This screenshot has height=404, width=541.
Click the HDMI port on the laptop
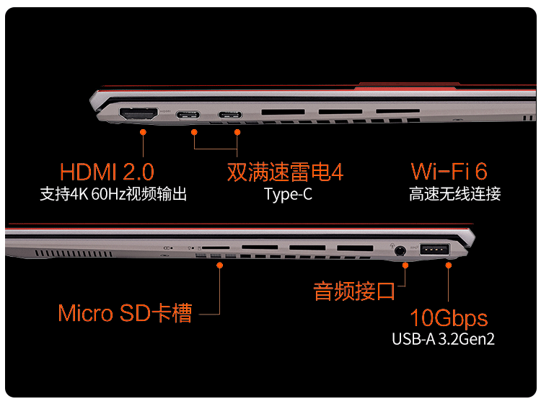point(139,115)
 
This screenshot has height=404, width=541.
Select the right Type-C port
point(232,115)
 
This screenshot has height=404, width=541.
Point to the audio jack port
point(400,251)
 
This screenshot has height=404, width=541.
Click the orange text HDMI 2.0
point(107,172)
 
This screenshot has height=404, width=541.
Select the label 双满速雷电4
point(285,172)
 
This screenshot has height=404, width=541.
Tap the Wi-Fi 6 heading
point(449,172)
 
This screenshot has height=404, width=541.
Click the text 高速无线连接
point(454,194)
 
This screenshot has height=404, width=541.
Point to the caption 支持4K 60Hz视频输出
point(113,194)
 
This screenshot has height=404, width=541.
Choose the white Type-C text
point(288,194)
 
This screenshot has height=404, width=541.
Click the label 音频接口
point(354,291)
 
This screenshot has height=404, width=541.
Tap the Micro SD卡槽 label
point(125,314)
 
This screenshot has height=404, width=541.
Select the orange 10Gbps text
point(449,318)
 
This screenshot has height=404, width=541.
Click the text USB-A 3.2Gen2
point(444,338)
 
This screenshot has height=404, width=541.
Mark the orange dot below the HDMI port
point(144,133)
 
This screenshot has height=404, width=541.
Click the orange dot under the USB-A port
point(449,265)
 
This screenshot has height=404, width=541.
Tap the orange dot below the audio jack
point(406,265)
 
